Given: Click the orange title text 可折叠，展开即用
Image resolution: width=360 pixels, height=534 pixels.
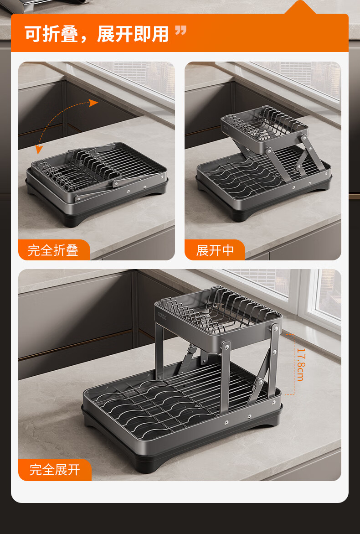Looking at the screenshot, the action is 97,34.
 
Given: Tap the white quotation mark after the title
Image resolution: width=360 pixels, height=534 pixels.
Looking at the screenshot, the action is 180,31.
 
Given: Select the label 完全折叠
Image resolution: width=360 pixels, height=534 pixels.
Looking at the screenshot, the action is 53,250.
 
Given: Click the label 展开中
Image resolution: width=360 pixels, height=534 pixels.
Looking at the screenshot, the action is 215,250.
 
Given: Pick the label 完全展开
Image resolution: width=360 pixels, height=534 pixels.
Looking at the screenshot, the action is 55,470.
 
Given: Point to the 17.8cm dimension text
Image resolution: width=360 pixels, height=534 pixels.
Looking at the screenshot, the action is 301,364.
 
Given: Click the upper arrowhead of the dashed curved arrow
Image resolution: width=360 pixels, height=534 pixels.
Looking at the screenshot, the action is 93,103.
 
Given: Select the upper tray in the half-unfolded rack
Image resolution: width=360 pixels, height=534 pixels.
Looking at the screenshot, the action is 264,128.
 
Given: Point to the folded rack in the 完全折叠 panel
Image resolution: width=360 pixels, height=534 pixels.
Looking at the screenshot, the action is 97,184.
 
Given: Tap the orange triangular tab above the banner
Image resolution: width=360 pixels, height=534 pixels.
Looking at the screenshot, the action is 300,8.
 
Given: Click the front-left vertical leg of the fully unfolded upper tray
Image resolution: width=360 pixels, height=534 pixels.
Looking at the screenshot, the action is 159,351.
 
